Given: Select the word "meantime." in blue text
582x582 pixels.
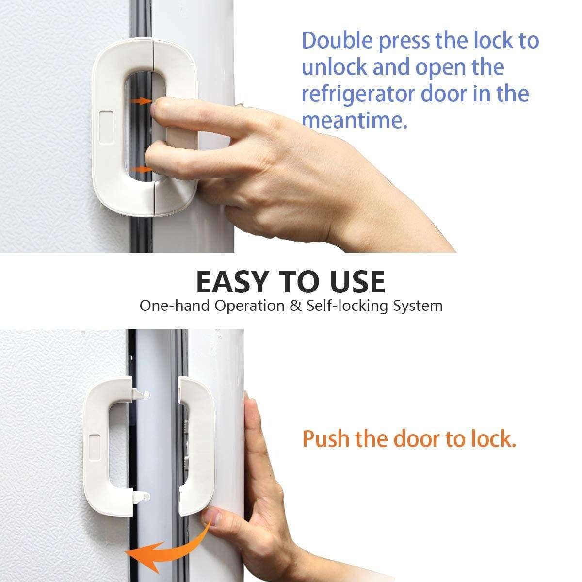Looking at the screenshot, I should [x=354, y=120].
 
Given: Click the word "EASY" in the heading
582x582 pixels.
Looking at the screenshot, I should [x=232, y=282].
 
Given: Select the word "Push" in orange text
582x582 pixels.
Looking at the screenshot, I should [x=325, y=439].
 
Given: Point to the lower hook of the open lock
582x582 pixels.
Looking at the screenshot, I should [x=141, y=496].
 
